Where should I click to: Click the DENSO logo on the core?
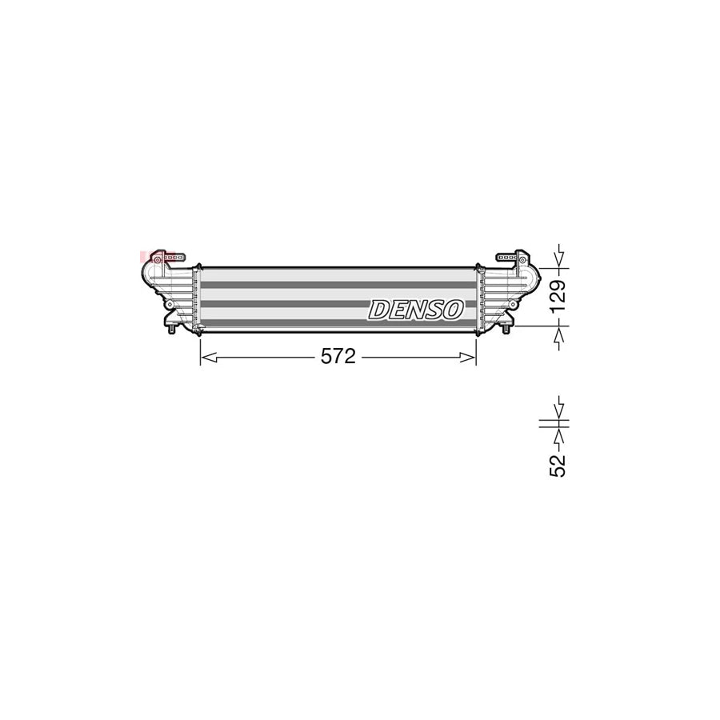(415, 309)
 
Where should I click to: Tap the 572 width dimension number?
(338, 358)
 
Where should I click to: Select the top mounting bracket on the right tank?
(510, 258)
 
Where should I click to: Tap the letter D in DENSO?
(378, 310)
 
